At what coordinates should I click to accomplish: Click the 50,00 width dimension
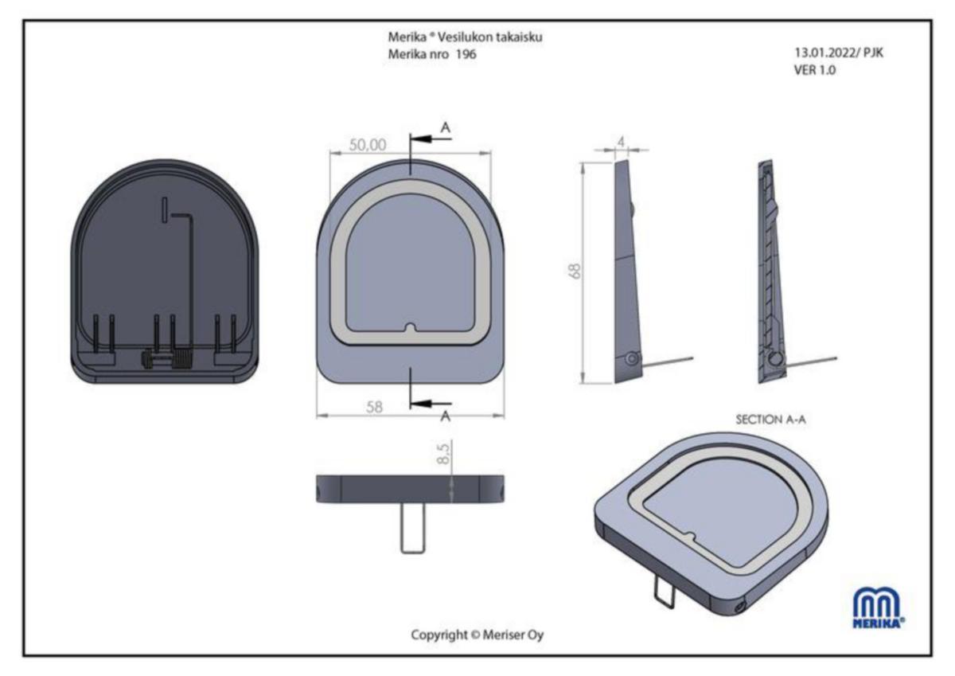point(368,145)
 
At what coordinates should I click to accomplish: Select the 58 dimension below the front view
point(374,407)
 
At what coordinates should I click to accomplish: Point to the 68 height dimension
point(575,272)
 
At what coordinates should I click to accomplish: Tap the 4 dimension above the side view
point(622,142)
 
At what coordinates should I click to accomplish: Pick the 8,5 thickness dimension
point(443,453)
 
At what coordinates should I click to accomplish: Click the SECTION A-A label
point(770,420)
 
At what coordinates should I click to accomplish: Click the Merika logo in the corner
point(879,608)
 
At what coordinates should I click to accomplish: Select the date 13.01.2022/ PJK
point(839,53)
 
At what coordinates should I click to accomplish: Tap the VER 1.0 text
point(814,70)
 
